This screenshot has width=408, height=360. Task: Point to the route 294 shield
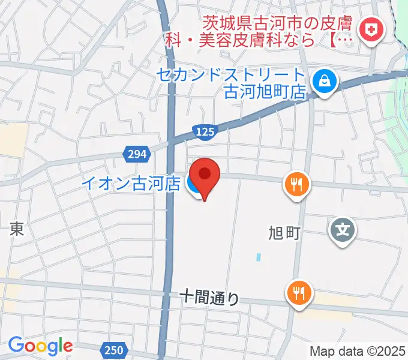pyautogui.click(x=137, y=154)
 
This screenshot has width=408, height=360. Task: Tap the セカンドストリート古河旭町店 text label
pyautogui.click(x=232, y=83)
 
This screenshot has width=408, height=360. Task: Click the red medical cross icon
pyautogui.click(x=370, y=29)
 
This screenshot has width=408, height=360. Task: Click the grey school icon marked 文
pyautogui.click(x=343, y=230)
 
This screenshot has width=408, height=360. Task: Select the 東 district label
pyautogui.click(x=17, y=229)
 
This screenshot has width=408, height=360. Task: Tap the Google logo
pyautogui.click(x=40, y=346)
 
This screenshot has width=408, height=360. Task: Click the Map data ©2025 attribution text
pyautogui.click(x=358, y=351)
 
